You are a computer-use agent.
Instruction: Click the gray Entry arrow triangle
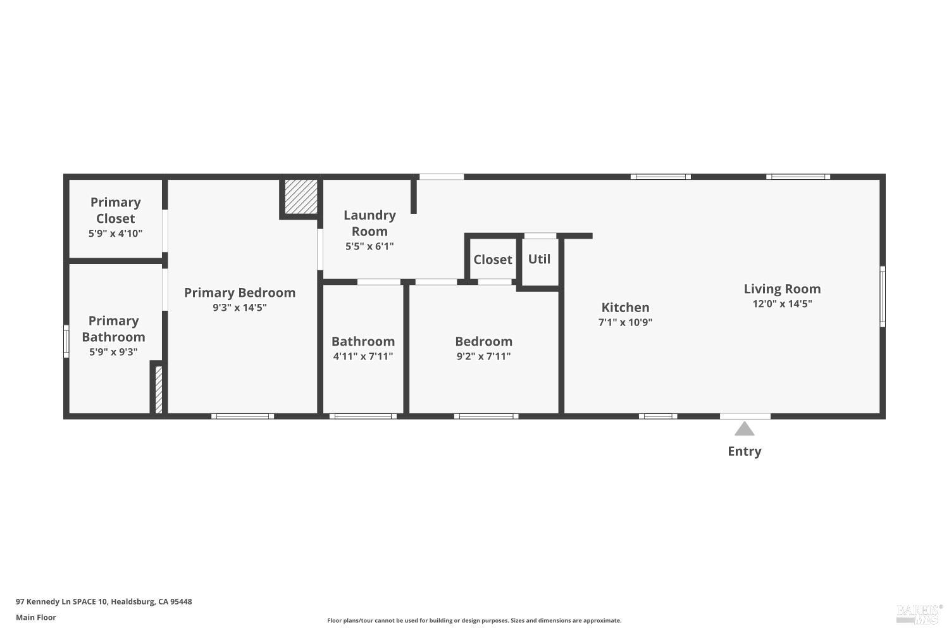[744, 430]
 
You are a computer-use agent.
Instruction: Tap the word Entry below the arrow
[744, 451]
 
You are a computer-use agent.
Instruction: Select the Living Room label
[782, 289]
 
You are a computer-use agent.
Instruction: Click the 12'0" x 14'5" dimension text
[782, 304]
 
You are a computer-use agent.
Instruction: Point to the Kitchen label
[625, 308]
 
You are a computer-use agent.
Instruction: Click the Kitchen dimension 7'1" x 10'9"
[625, 322]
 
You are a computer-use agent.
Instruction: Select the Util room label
[539, 259]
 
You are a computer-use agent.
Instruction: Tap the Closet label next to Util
[492, 260]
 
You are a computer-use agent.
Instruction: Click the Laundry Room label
[369, 223]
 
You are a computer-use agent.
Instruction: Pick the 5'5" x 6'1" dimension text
[369, 246]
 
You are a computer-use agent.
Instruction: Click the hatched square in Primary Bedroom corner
[301, 197]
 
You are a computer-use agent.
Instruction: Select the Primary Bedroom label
[240, 292]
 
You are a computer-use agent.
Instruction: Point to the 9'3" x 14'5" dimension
[240, 308]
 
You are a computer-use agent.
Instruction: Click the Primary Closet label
[115, 210]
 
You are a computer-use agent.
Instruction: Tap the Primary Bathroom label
[113, 329]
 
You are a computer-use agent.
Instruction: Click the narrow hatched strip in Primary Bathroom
[159, 389]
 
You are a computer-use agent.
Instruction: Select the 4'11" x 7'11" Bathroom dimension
[363, 356]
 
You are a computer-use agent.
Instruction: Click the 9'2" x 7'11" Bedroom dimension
[483, 356]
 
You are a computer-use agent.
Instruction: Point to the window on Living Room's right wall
[883, 296]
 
